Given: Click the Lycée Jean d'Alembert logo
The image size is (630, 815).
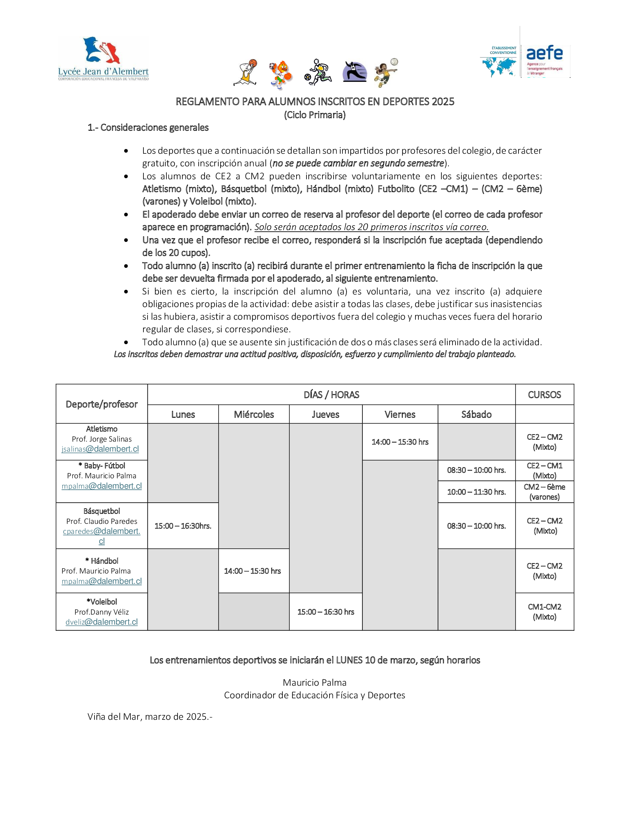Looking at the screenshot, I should pos(103,58).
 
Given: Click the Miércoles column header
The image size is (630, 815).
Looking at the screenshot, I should pos(254,414).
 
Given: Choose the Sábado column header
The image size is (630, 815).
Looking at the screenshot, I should pos(476,414).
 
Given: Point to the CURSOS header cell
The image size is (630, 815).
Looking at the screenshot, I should pos(544,395).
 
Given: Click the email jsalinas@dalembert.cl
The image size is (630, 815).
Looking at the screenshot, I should pos(100,449).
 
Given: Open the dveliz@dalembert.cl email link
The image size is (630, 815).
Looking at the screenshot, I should pos(102,622).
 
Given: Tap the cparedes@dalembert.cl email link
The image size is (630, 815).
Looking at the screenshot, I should pos(102,531).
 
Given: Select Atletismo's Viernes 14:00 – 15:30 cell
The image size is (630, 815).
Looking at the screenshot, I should pos(400,442).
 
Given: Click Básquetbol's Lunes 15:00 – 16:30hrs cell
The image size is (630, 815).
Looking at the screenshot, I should pos(183,526).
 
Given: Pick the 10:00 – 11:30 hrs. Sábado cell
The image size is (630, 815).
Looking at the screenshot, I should pos(476,492).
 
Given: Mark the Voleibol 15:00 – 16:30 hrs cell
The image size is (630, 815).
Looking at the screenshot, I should pos(325,612).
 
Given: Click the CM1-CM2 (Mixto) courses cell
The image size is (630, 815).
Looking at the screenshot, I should pos(544,612).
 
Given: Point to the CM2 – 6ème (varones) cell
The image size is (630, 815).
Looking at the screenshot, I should pos(544,492).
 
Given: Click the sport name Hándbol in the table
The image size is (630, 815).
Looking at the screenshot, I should pos(104,561).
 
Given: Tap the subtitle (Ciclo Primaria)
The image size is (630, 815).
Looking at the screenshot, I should pos(315,115).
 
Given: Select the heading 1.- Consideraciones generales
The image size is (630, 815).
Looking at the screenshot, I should pos(148,128).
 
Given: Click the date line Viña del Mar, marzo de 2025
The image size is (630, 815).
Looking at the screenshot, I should pos(150,716).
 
